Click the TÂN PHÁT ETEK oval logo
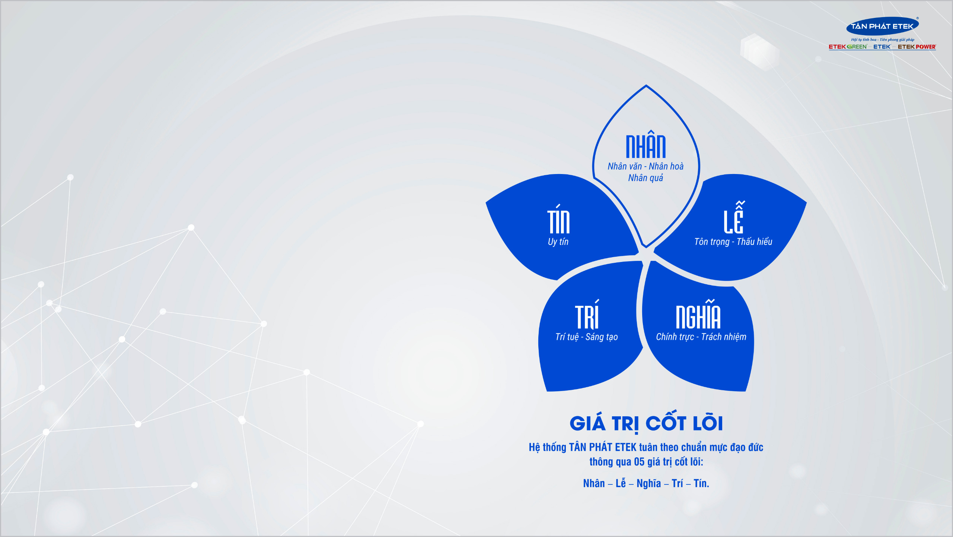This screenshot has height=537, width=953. [x=882, y=26]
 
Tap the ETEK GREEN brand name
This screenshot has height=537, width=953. [x=848, y=47]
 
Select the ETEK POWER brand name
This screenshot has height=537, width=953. [x=917, y=47]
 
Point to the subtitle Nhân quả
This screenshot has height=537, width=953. [x=646, y=178]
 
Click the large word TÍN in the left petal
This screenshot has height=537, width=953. [x=558, y=219]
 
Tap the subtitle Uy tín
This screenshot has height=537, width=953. [x=558, y=242]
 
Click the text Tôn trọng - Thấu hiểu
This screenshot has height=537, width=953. [x=733, y=242]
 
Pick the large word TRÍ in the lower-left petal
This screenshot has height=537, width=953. [x=587, y=314]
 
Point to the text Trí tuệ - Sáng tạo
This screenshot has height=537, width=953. [x=587, y=337]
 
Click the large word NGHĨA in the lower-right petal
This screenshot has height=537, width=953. [x=698, y=314]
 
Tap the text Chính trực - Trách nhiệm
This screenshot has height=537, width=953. [x=701, y=337]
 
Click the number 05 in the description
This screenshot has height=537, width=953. [x=639, y=462]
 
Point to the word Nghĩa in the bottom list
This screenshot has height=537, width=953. [x=649, y=483]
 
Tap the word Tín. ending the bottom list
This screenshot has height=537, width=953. [x=701, y=483]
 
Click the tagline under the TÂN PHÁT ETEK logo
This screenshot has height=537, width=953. [x=883, y=40]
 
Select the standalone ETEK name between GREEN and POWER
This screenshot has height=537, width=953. [x=882, y=47]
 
